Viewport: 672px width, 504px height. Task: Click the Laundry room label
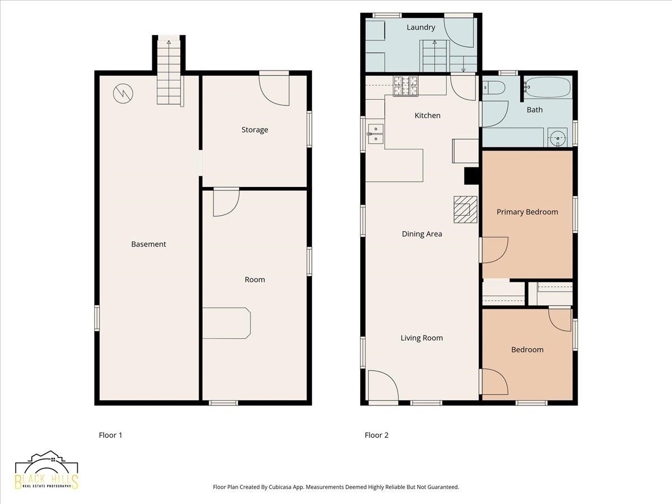(421, 27)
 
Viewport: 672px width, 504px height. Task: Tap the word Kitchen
(427, 115)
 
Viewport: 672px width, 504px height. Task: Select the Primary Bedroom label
(527, 212)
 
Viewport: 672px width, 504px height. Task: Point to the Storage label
(255, 130)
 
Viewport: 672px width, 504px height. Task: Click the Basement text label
(148, 244)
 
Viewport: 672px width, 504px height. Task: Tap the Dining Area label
(422, 234)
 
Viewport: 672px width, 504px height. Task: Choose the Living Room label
(422, 338)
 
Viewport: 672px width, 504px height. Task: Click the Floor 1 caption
(110, 435)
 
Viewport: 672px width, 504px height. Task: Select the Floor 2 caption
(376, 435)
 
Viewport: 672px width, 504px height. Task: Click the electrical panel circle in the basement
(123, 94)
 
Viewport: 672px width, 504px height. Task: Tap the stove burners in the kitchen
(405, 86)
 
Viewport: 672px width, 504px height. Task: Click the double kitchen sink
(376, 134)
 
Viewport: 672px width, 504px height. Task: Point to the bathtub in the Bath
(548, 87)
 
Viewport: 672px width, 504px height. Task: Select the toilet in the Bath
(493, 88)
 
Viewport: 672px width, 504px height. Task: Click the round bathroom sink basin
(558, 138)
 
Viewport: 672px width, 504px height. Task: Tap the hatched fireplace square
(465, 209)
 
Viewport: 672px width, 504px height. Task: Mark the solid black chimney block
(472, 176)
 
